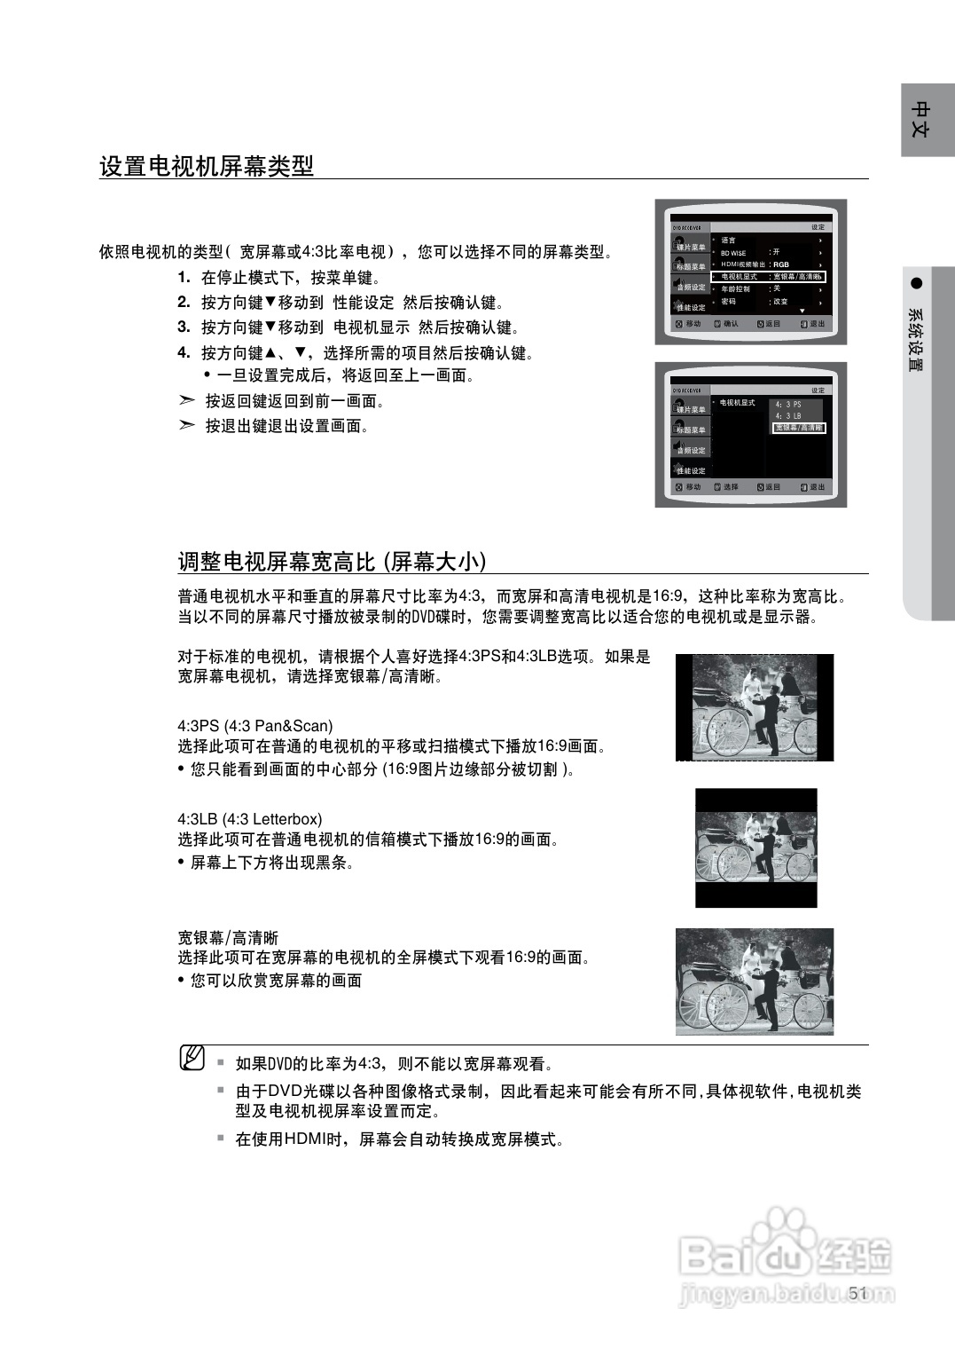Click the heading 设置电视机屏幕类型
(x=207, y=166)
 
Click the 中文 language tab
(x=921, y=120)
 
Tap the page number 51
(x=857, y=1293)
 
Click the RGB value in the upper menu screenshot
(x=780, y=264)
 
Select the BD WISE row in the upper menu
(x=733, y=253)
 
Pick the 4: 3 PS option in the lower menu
(x=787, y=405)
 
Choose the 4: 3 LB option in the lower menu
(x=787, y=416)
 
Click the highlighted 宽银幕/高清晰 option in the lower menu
(x=798, y=428)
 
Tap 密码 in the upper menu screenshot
(x=728, y=302)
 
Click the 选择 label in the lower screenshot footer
(x=731, y=487)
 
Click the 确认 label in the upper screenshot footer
(x=731, y=324)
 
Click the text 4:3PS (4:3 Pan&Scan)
(x=255, y=726)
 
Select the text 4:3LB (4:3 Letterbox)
(x=250, y=819)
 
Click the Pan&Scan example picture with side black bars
(x=755, y=707)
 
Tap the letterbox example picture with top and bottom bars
(x=756, y=847)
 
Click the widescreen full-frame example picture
(x=755, y=981)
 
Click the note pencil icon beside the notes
(x=192, y=1058)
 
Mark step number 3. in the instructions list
(x=184, y=327)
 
